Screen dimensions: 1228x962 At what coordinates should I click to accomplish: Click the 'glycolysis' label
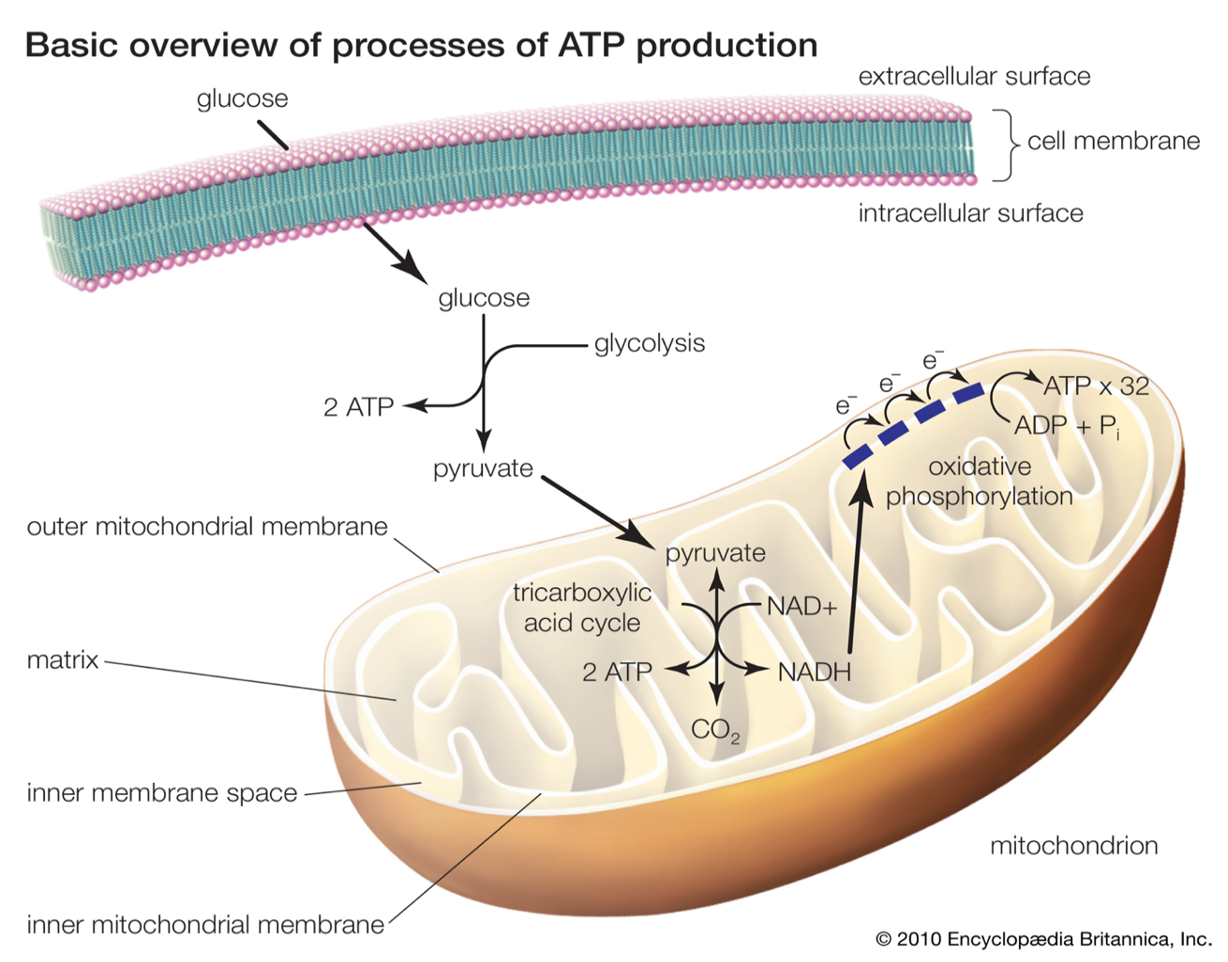(x=650, y=344)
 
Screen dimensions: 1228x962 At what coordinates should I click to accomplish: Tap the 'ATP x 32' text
(x=1096, y=386)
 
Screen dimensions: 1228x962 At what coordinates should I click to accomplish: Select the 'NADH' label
(x=814, y=672)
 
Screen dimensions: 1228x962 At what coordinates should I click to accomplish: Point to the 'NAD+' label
(x=801, y=607)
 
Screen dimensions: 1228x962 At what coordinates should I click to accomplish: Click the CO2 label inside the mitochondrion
(x=715, y=730)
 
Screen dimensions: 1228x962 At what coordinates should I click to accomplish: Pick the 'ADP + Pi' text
(x=1067, y=427)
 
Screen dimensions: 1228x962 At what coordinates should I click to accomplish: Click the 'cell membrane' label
(x=1114, y=142)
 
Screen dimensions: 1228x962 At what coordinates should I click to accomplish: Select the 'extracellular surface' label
(x=974, y=76)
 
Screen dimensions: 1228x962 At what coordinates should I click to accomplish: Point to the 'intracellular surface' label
(x=971, y=214)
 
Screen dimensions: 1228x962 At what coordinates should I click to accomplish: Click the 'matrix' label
(x=63, y=659)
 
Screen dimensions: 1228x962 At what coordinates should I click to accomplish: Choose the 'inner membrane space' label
(x=161, y=793)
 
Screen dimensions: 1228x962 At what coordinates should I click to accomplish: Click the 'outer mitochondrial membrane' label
(x=207, y=527)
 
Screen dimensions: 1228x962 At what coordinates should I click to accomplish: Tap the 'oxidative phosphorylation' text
(x=980, y=482)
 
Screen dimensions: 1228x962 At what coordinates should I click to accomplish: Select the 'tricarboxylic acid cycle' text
(x=582, y=608)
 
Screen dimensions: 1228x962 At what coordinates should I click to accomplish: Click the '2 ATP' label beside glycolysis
(x=358, y=407)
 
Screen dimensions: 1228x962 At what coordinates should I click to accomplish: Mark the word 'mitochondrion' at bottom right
(x=1073, y=846)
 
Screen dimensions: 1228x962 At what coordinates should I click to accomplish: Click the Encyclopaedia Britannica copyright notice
(x=1043, y=939)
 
